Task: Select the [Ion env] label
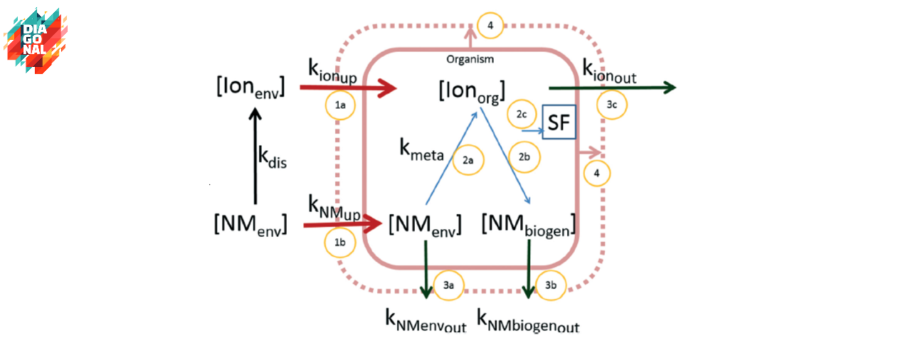pyautogui.click(x=250, y=87)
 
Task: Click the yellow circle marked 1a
pyautogui.click(x=340, y=106)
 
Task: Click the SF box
pyautogui.click(x=559, y=123)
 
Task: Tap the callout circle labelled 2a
pyautogui.click(x=468, y=160)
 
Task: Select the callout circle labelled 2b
pyautogui.click(x=524, y=157)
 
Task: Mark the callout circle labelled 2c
pyautogui.click(x=522, y=114)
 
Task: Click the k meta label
pyautogui.click(x=421, y=149)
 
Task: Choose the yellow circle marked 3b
pyautogui.click(x=551, y=285)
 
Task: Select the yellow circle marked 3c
pyautogui.click(x=612, y=105)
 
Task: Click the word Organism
pyautogui.click(x=470, y=59)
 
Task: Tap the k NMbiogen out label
pyautogui.click(x=528, y=321)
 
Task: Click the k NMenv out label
pyautogui.click(x=426, y=321)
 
